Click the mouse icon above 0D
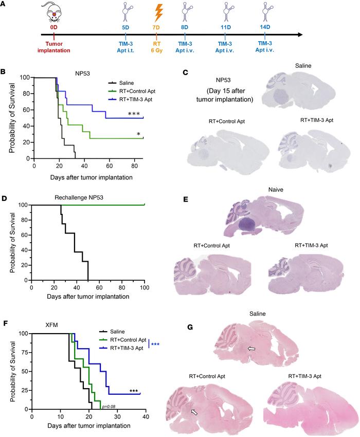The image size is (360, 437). coord(52,12)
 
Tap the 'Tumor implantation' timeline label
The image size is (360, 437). coord(53,47)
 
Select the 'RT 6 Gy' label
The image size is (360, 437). coord(158,47)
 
